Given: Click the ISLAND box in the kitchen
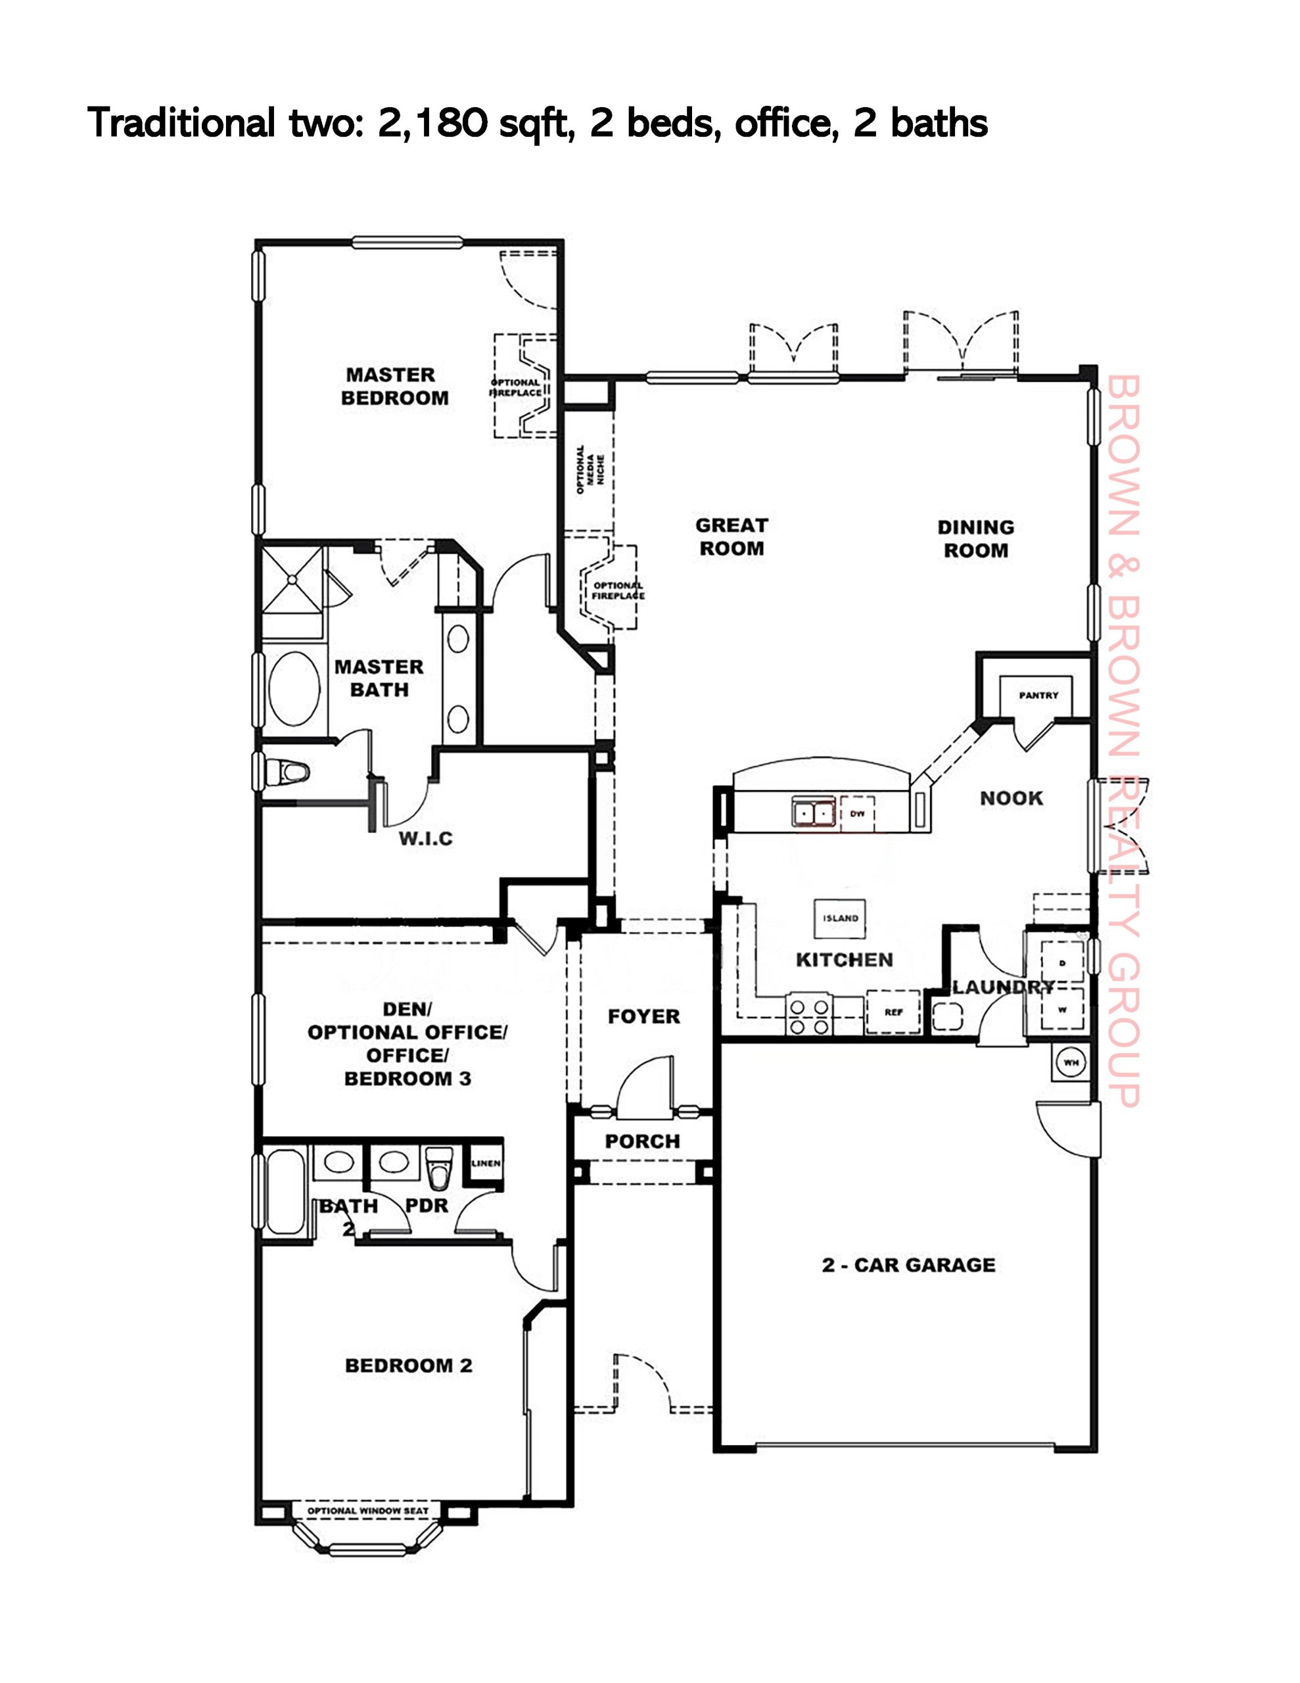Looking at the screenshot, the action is coord(840,918).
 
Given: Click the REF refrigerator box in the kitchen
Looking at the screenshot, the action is coord(894,1012).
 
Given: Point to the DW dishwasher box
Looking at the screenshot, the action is coord(858,814).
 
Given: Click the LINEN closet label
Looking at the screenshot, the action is coord(486,1164).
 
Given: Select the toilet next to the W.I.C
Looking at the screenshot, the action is coord(285,770).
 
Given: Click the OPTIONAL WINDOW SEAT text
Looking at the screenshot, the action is coord(367,1511).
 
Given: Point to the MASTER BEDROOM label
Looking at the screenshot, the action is coord(394,386).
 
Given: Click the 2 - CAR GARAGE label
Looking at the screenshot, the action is coord(908,1265).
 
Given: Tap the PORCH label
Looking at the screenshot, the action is coord(643,1141).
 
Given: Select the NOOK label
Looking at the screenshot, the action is coord(1011,798).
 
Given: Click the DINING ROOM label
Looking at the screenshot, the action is coord(975,538).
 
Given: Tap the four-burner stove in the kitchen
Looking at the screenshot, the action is coord(808,1016).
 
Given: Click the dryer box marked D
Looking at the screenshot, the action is coord(1063,963).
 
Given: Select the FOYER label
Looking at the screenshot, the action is coord(643,1016).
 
